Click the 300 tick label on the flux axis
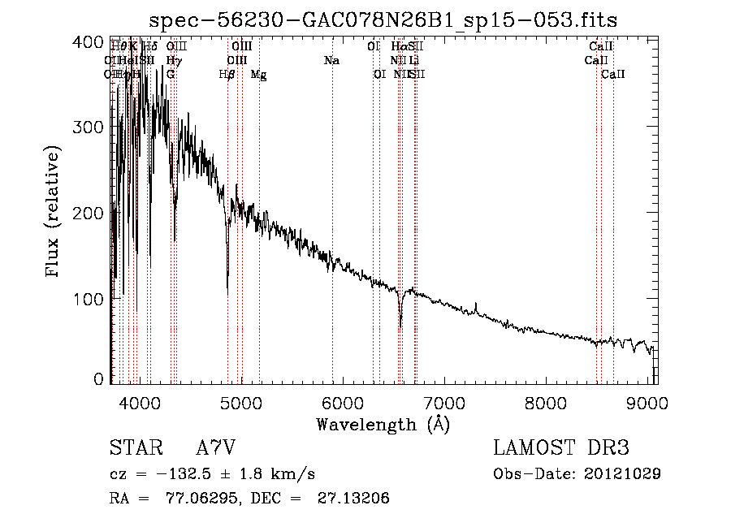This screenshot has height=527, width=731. [x=92, y=127]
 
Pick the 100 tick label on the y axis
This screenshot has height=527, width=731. [x=92, y=299]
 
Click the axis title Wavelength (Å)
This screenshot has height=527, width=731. [x=383, y=424]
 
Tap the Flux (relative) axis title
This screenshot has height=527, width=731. [x=54, y=213]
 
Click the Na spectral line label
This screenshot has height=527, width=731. [x=331, y=61]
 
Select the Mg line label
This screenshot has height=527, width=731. [x=258, y=75]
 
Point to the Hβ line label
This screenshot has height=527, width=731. [x=227, y=75]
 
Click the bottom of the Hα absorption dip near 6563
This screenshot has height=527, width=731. [x=400, y=327]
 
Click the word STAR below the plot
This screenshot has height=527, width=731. [x=135, y=448]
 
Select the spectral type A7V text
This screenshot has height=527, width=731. [x=218, y=448]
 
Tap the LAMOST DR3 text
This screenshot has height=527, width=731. [x=561, y=448]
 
